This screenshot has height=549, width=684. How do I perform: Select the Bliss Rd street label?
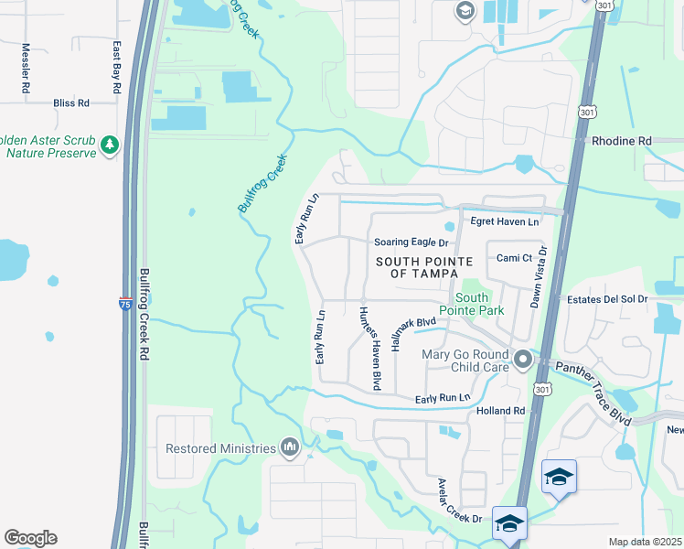click(70, 103)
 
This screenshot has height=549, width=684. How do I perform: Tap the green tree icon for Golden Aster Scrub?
click(110, 145)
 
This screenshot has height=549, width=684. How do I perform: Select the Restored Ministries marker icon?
click(290, 447)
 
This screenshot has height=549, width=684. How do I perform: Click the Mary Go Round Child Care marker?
click(522, 360)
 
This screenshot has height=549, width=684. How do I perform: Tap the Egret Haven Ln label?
click(504, 221)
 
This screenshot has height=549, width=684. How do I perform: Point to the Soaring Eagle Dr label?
click(411, 242)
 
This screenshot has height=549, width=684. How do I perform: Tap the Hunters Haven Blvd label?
click(369, 348)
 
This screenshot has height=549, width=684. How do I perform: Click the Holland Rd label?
click(500, 412)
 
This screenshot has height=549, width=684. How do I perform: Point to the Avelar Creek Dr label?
click(459, 501)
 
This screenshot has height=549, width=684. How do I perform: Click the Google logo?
click(30, 538)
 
